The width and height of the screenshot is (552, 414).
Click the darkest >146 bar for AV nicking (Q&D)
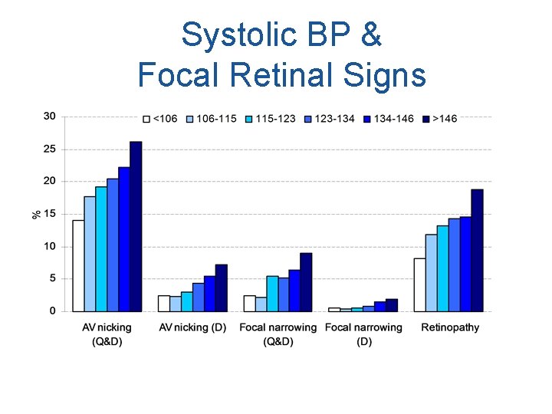(136, 226)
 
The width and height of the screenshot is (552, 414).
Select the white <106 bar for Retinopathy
(419, 284)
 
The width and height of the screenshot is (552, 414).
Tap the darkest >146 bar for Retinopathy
(477, 250)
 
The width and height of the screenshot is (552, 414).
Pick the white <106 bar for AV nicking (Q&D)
(78, 265)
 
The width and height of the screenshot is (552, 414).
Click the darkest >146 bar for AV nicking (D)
(221, 287)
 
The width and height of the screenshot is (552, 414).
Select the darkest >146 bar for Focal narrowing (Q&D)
(306, 281)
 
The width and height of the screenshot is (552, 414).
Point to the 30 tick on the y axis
(49, 117)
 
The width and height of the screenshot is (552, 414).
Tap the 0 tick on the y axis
(52, 311)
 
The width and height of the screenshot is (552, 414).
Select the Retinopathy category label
(450, 327)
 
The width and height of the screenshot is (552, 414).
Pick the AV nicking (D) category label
(192, 327)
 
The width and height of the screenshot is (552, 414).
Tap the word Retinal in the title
(291, 74)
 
